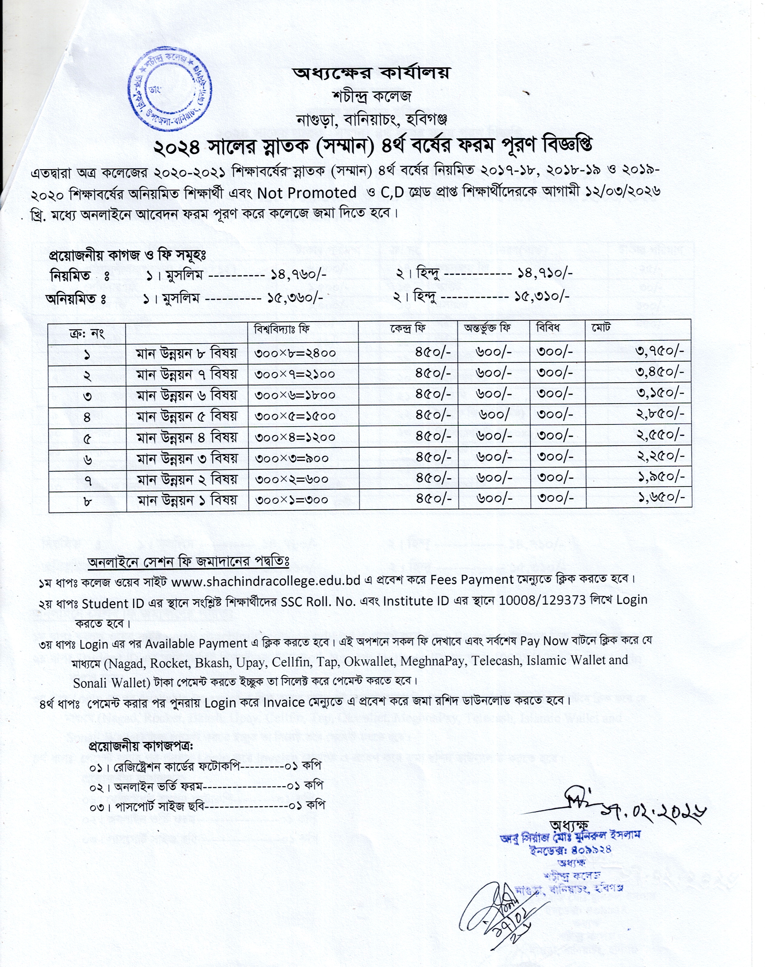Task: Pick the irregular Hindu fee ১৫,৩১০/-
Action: (x=542, y=296)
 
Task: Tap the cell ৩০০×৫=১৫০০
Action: (x=295, y=416)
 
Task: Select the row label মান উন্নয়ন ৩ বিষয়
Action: (x=187, y=458)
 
